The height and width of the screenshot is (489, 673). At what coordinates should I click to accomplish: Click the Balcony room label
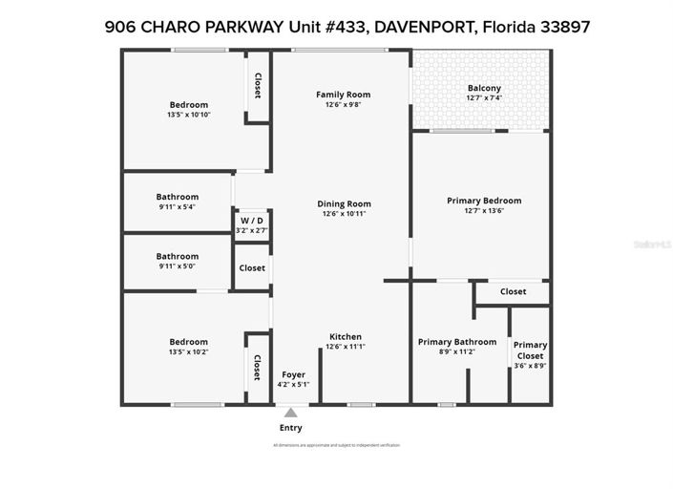(483, 88)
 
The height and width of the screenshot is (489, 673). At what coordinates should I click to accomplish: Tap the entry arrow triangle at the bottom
(290, 413)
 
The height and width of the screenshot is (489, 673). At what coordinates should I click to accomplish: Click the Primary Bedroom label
(484, 201)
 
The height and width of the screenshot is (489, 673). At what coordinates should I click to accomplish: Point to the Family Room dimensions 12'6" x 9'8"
(343, 105)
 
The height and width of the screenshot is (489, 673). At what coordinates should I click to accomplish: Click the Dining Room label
(344, 203)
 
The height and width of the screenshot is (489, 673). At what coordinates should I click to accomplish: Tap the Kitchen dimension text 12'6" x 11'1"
(345, 347)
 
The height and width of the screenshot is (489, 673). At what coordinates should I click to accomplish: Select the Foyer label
(293, 373)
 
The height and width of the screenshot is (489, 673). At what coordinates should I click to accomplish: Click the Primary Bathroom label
(457, 342)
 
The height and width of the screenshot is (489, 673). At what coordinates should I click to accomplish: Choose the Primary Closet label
(530, 350)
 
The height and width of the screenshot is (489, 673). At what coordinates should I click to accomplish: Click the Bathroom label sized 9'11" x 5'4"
(178, 197)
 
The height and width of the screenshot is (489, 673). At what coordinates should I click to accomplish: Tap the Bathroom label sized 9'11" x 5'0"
(178, 256)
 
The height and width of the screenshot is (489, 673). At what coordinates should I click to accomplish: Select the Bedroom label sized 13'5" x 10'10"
(188, 105)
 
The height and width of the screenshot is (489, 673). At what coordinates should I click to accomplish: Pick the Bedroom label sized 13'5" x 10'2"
(188, 342)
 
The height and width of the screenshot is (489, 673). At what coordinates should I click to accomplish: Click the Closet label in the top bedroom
(257, 87)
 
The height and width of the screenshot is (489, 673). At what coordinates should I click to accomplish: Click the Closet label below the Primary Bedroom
(513, 291)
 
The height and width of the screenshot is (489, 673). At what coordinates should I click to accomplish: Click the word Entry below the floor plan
(290, 428)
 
